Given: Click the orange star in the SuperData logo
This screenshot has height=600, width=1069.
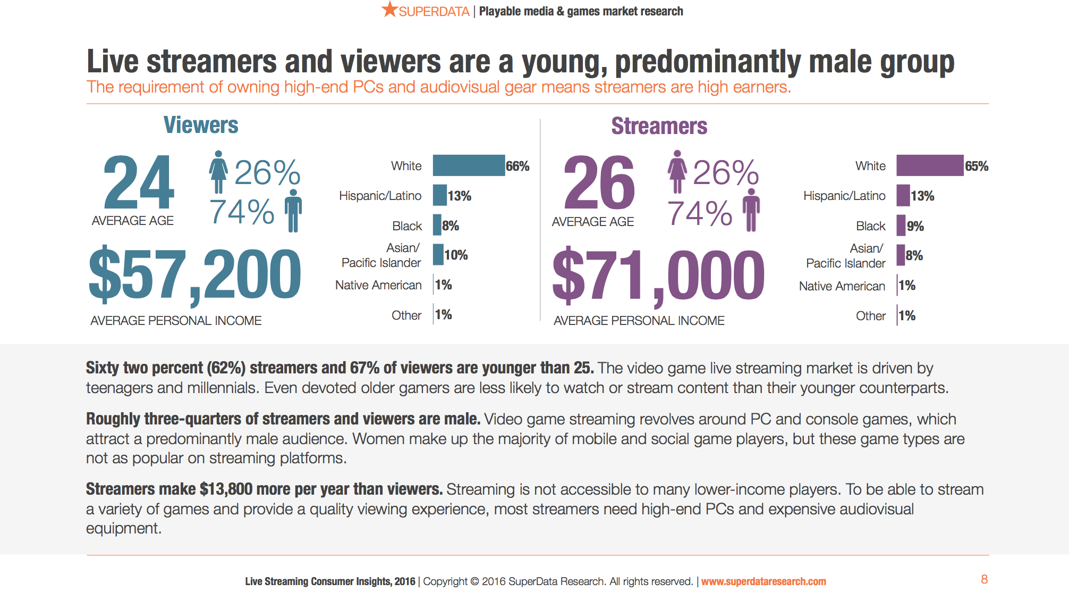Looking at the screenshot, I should click(389, 10).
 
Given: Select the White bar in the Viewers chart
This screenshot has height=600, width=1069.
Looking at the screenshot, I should click(469, 165).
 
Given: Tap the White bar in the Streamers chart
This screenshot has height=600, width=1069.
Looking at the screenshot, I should click(929, 165).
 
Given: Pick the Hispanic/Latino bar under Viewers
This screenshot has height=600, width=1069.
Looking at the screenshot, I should click(439, 195).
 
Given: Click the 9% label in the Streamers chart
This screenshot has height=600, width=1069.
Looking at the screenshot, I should click(915, 226).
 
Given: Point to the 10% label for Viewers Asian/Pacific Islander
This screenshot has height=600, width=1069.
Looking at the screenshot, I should click(456, 255).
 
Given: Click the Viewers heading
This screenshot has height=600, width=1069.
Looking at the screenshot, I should click(201, 125).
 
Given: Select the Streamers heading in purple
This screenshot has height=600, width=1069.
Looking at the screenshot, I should click(659, 126).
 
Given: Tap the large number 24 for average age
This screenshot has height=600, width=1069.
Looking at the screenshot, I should click(139, 182).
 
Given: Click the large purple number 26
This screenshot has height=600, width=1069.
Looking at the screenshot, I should click(599, 184).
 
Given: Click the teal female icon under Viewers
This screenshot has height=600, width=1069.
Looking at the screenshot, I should click(218, 172).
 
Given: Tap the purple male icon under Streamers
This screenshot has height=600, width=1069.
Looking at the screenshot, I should click(751, 210).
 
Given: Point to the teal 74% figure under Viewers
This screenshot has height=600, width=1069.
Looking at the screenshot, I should click(242, 212).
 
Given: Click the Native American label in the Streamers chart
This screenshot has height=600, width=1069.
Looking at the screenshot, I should click(842, 286).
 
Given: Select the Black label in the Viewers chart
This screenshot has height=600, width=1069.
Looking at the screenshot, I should click(407, 226).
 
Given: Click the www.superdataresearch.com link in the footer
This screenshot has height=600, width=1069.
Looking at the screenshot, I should click(763, 581).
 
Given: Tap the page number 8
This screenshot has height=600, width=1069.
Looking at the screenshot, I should click(984, 579).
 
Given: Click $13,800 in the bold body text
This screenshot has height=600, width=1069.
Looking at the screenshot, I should click(226, 489).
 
